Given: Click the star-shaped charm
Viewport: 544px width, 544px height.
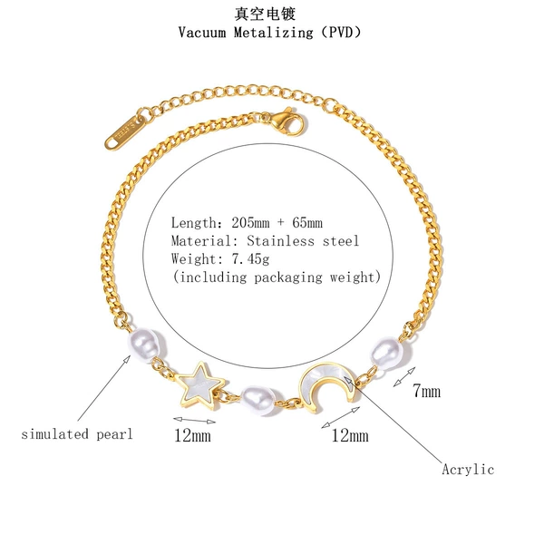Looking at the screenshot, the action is point(200,386).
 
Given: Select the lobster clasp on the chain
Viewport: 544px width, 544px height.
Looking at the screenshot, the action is point(287,121).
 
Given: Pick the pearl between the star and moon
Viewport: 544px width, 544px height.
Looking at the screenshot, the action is point(257,400).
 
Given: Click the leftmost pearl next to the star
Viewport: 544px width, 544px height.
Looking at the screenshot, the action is point(146,344).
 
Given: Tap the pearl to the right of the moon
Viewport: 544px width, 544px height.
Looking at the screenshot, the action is point(387,353).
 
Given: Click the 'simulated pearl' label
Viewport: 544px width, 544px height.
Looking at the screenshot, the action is point(77,434).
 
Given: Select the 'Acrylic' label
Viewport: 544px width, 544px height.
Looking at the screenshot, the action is point(468,470).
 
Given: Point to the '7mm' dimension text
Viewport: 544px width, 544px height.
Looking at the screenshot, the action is point(426,391).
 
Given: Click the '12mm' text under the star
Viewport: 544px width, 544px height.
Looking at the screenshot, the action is point(192,435).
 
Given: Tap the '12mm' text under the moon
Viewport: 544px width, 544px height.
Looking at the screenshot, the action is point(350,435).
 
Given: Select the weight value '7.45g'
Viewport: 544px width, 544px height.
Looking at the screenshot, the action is point(250,258).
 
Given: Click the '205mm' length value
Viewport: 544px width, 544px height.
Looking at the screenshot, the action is point(250,222).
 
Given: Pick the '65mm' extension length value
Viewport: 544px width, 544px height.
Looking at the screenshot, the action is point(307,222).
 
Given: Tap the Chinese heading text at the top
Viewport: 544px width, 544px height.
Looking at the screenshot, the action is point(265,14).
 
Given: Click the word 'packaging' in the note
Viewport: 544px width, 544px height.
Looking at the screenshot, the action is point(288,277).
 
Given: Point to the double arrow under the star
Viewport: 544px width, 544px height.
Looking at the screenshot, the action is point(194,420).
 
